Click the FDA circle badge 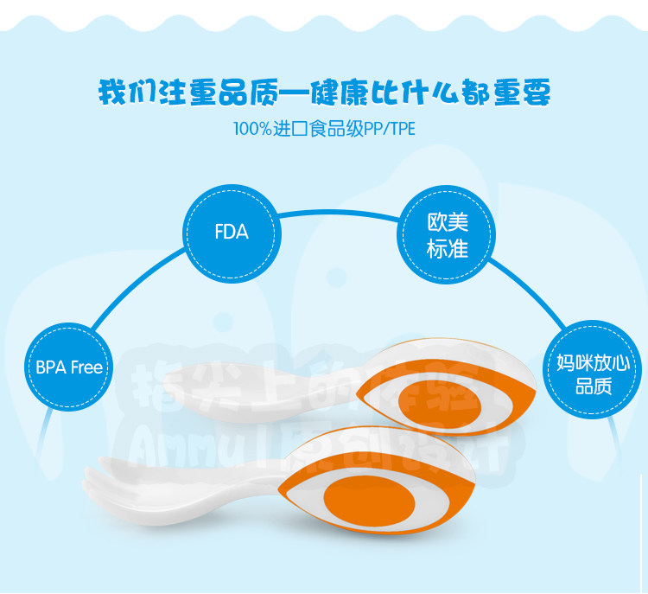coord(231,232)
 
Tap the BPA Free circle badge coord(69,367)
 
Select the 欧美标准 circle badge coord(448,236)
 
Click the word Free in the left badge coord(86,367)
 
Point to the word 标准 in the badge coord(448,249)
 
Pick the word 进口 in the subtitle coord(287,130)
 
